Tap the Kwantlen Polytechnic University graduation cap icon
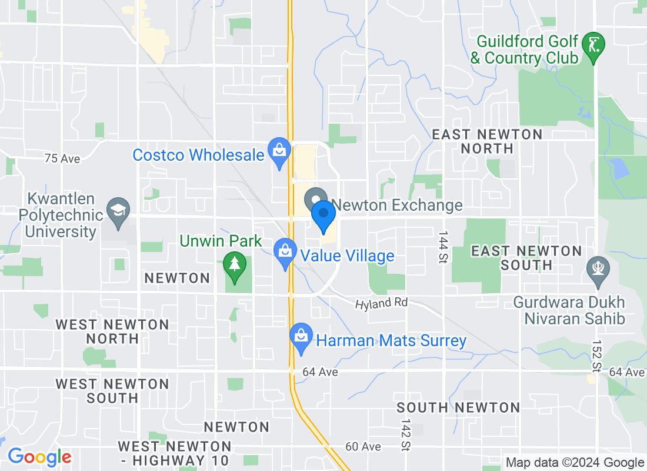pos(119,211)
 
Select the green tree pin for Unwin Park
pos(235,266)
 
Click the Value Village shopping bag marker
pos(285,251)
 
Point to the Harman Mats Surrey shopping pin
pos(301,337)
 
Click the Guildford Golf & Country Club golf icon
pos(594,45)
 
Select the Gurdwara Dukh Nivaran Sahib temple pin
pos(598,270)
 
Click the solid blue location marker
pos(323,215)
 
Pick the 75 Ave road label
pos(62,158)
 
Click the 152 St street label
pos(596,356)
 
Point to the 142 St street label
pos(405,434)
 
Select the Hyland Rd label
pos(381,304)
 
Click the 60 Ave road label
pos(363,447)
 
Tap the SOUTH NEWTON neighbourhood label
pos(458,407)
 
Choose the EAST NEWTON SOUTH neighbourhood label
pos(527,258)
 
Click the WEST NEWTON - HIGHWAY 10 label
pos(174,453)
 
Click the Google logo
pos(39,457)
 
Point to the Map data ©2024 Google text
pos(575,463)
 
